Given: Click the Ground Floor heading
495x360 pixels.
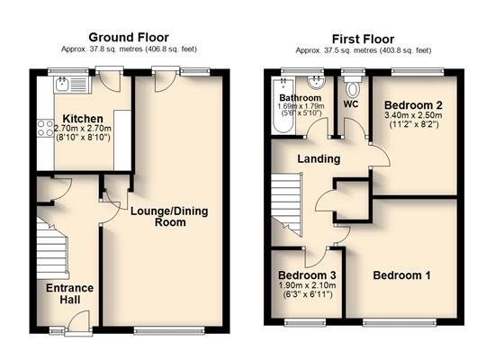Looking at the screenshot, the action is [129, 38].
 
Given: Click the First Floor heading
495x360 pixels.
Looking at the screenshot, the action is [363, 40].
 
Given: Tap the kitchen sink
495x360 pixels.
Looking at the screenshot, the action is [72, 85].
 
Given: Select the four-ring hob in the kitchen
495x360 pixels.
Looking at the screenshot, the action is [46, 129].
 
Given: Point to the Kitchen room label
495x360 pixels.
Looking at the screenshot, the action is [83, 119].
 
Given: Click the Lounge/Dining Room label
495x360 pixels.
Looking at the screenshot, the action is [169, 217].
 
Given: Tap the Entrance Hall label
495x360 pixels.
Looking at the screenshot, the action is [70, 293].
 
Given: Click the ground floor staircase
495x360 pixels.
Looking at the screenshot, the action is [52, 248].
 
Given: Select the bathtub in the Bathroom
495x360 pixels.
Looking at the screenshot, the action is [283, 106].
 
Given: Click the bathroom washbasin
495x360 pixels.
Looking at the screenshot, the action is [316, 83].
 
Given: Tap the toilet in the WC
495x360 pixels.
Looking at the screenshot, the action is [353, 87].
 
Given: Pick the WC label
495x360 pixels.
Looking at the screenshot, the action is [351, 104].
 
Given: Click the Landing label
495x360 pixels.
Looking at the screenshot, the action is [319, 158].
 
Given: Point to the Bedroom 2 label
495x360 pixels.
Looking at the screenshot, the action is [413, 105].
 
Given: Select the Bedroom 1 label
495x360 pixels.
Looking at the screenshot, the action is [401, 275].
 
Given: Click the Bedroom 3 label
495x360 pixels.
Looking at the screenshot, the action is [307, 275].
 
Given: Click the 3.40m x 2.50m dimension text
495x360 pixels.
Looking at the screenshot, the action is [413, 115].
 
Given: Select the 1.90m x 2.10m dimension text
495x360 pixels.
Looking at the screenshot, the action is [307, 285].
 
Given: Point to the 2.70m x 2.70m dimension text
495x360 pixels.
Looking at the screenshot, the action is [83, 129].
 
